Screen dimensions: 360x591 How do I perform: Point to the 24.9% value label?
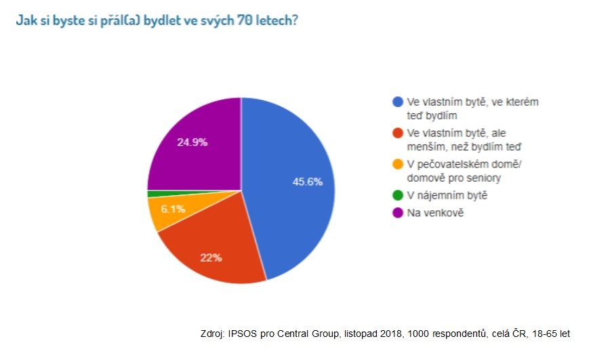point(192,142)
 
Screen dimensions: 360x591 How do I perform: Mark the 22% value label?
point(211,258)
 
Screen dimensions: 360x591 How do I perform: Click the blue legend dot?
point(397,102)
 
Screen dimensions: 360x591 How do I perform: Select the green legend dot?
point(397,196)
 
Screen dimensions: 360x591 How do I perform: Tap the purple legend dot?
point(397,213)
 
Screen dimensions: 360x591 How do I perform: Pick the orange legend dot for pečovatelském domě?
point(397,164)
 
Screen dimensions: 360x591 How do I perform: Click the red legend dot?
point(397,133)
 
